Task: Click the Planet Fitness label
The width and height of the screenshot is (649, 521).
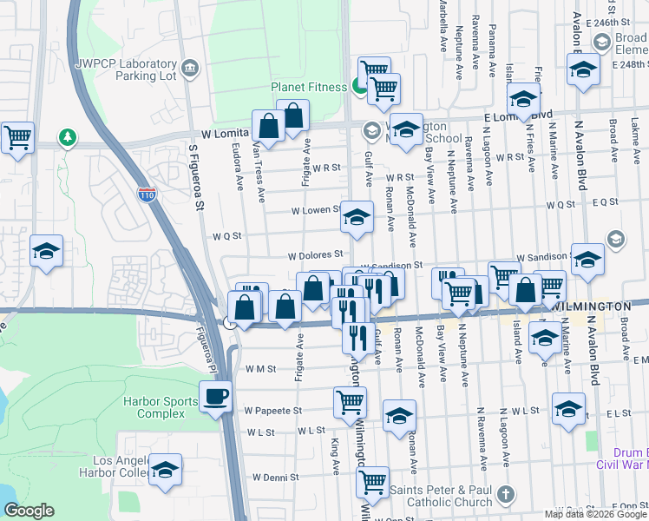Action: coord(309,87)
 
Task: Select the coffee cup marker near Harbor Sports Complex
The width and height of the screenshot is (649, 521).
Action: coord(215,398)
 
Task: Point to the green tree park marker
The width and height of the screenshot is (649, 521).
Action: coord(67,137)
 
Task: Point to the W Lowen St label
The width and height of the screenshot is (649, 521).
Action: coord(316,210)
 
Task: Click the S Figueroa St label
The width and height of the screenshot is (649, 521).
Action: coord(196,187)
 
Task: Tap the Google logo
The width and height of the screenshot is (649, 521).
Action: coord(29,511)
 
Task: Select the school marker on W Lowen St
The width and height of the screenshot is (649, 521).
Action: coord(356,218)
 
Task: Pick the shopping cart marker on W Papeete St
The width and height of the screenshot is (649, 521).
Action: coord(350,402)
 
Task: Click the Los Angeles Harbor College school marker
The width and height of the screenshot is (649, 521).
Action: coord(165,470)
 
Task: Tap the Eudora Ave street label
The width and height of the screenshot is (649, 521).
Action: coord(237,173)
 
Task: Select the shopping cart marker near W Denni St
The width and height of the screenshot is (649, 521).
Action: coord(373,482)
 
